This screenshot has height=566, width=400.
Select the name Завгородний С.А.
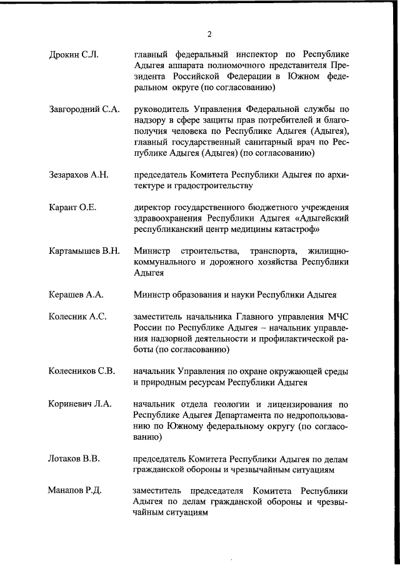coord(84,109)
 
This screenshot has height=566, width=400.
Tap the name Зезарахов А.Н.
coord(79,174)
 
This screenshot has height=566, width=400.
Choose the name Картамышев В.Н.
coord(84,251)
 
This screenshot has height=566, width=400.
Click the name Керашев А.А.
coord(76,295)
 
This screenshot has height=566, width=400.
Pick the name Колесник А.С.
coord(77,316)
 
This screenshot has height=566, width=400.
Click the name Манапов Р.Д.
coord(74,490)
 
